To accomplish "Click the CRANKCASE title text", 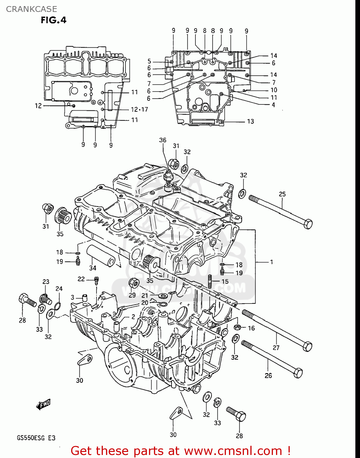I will tap(31, 9).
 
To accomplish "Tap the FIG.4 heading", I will tap(53, 20).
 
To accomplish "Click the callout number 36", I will tap(162, 140).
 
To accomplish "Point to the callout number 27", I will tap(276, 347).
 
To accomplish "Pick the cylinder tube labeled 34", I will tap(101, 255).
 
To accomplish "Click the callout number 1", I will tap(271, 262).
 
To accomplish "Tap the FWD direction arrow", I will tap(43, 405).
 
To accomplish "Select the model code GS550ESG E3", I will tap(36, 438).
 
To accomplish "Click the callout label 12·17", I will tap(139, 110).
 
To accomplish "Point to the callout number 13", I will tap(250, 122).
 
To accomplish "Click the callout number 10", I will tap(274, 90).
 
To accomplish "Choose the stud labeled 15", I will tap(210, 281).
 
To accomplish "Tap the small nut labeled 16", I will tap(237, 328).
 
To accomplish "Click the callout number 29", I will tap(132, 295).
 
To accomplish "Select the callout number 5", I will tap(149, 61).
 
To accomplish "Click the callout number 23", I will tap(46, 282).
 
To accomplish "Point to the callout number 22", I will tap(81, 279).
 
